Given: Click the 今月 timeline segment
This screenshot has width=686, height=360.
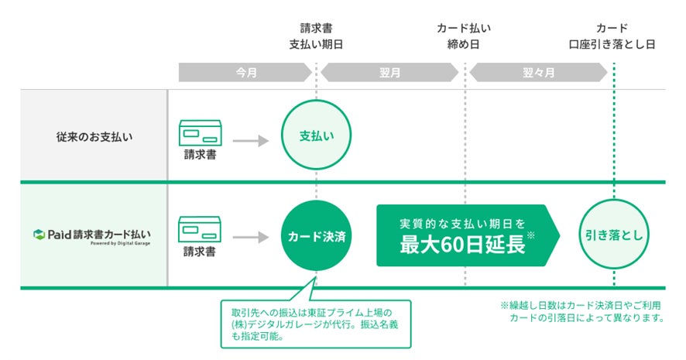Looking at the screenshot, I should point(245,73).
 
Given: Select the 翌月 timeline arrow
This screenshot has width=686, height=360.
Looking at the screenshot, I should point(390,73).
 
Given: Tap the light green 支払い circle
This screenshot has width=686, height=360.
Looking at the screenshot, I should point(316,135).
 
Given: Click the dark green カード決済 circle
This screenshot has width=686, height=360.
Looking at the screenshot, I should point(316,236).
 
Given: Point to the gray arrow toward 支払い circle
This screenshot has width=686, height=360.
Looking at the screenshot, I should point(250,141).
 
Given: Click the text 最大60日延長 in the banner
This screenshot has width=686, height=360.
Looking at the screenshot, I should point(462,244).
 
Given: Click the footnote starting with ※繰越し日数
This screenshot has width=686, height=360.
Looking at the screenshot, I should point(582,312).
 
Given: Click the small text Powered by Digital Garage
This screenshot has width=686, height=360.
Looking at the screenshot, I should point(119,243).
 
